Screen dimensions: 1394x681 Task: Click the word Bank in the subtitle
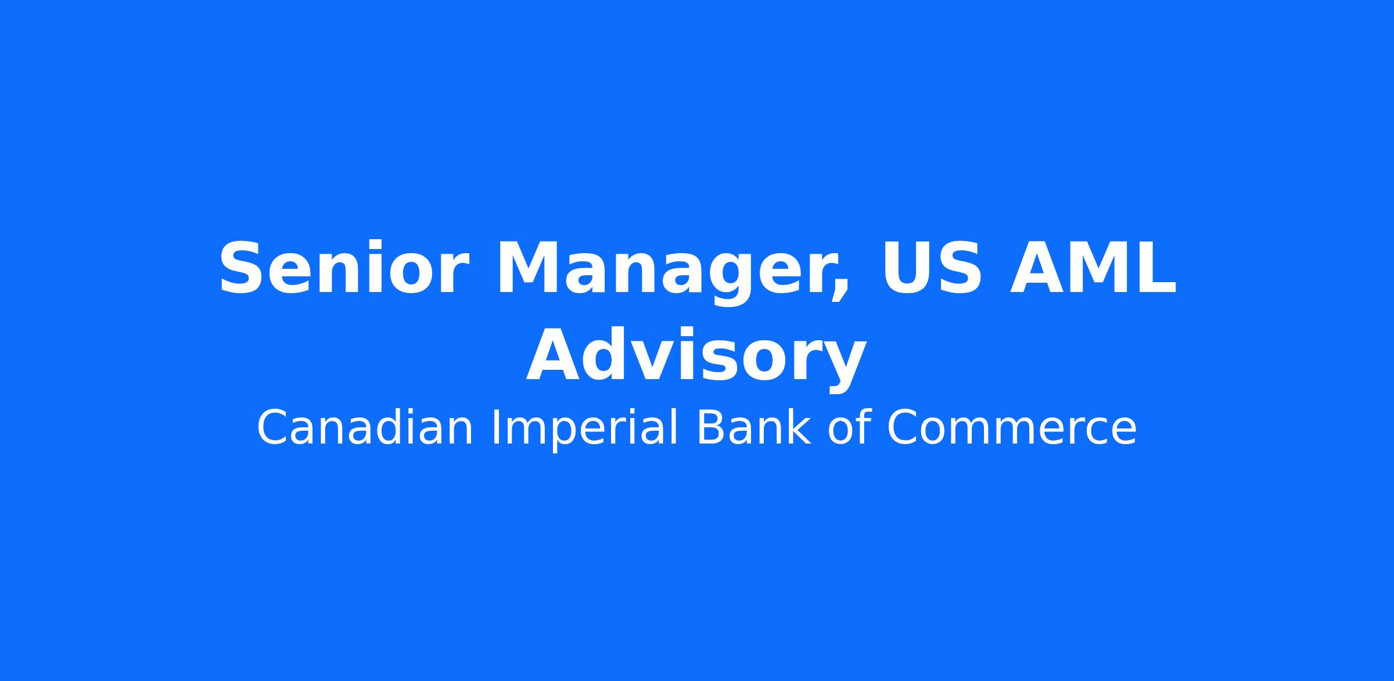(x=753, y=427)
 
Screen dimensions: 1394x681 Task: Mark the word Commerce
(x=1011, y=428)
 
